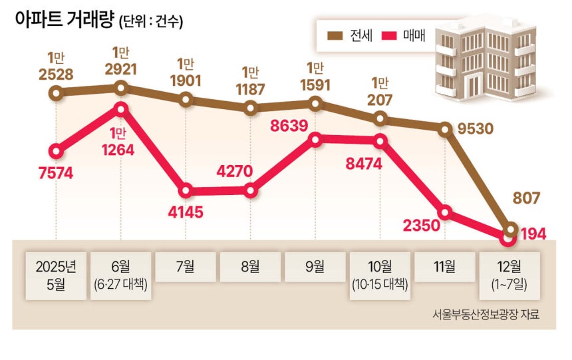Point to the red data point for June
pos(121,108)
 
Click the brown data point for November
pos(445,128)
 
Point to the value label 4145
pos(186,213)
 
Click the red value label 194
pos(534,234)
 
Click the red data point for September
pos(316,139)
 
